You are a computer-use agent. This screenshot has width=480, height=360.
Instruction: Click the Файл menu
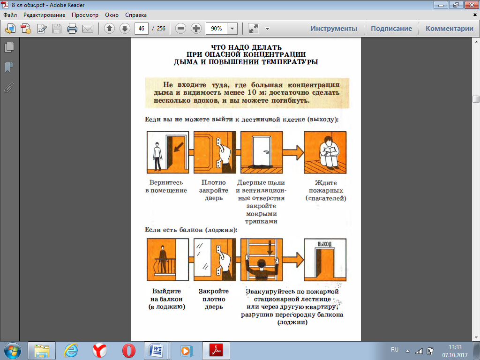pyautogui.click(x=10, y=15)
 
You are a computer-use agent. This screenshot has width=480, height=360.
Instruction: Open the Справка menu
pyautogui.click(x=135, y=15)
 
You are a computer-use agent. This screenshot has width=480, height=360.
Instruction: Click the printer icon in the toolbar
pyautogui.click(x=72, y=29)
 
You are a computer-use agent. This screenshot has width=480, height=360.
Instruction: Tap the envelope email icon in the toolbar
pyautogui.click(x=88, y=29)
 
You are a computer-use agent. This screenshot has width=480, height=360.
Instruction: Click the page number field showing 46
pyautogui.click(x=142, y=29)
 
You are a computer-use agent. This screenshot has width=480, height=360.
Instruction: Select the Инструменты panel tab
pyautogui.click(x=334, y=29)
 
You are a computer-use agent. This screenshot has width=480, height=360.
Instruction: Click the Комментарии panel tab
pyautogui.click(x=450, y=29)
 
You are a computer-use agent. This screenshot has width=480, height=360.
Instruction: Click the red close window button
pyautogui.click(x=472, y=5)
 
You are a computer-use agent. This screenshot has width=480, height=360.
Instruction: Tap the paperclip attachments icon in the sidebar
pyautogui.click(x=9, y=88)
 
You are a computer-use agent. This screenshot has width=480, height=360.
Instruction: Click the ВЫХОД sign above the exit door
pyautogui.click(x=324, y=244)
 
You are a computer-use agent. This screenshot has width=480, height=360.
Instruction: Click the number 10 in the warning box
pyautogui.click(x=252, y=92)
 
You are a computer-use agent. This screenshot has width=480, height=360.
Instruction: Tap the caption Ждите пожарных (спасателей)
pyautogui.click(x=326, y=190)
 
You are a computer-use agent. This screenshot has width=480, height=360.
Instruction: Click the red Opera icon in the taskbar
pyautogui.click(x=128, y=351)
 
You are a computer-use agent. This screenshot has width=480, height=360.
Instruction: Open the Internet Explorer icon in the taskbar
pyautogui.click(x=71, y=351)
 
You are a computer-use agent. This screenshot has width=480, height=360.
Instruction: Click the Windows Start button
pyautogui.click(x=13, y=351)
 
